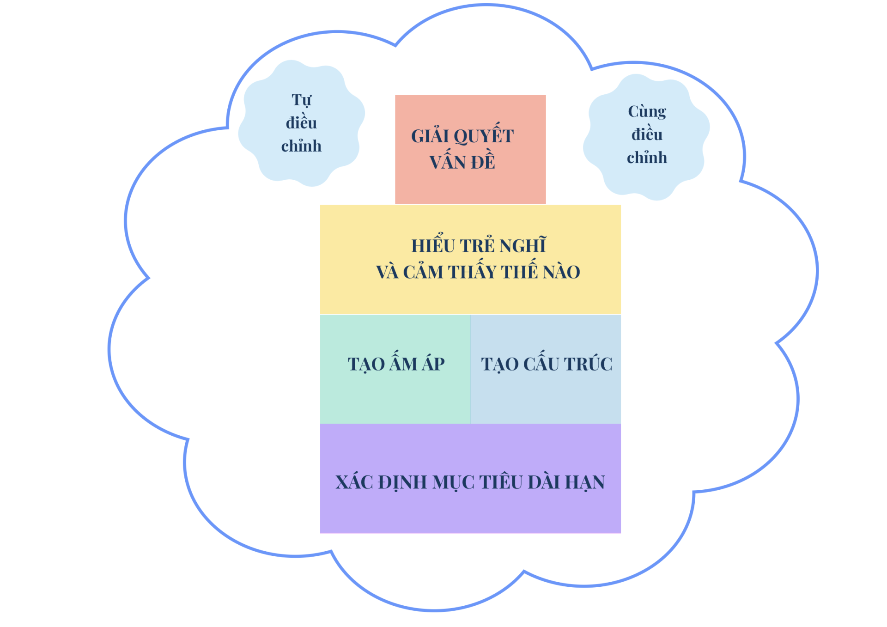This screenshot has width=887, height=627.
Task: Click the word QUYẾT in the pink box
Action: click(484, 136)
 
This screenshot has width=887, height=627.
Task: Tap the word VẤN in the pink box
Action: click(446, 162)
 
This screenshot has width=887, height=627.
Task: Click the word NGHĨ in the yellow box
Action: click(523, 246)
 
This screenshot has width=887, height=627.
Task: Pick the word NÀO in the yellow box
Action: click(561, 272)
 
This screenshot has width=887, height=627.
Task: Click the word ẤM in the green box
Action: click(404, 364)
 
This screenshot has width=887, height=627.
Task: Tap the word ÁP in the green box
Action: click(433, 364)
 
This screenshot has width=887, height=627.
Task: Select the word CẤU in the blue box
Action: click(541, 364)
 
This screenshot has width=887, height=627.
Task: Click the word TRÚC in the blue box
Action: click(588, 364)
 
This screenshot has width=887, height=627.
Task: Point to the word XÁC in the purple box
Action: click(354, 482)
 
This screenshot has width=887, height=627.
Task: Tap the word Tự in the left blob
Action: click(301, 100)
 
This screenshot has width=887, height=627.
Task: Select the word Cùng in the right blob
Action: click(647, 112)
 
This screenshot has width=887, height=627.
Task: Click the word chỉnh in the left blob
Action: click(301, 146)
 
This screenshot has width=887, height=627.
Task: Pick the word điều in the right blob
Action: click(647, 134)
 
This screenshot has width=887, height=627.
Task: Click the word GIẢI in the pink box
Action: click(430, 136)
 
